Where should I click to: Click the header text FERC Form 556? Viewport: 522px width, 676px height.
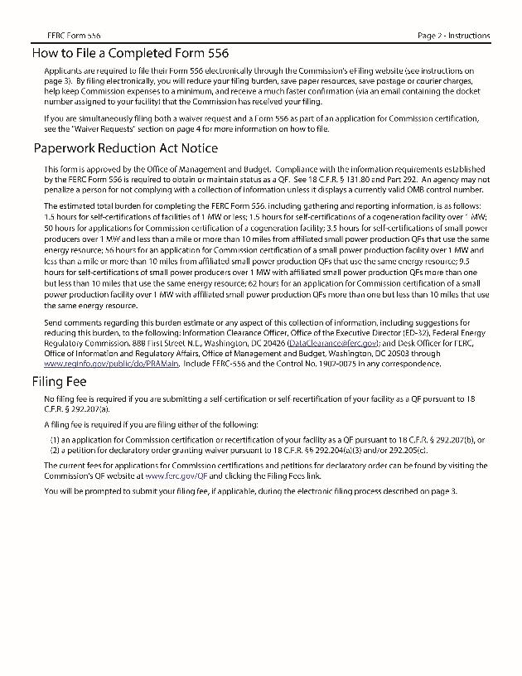pos(75,36)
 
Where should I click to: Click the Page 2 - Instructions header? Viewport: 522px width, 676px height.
pos(454,36)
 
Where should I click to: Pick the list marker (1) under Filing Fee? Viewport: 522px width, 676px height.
pos(55,439)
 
